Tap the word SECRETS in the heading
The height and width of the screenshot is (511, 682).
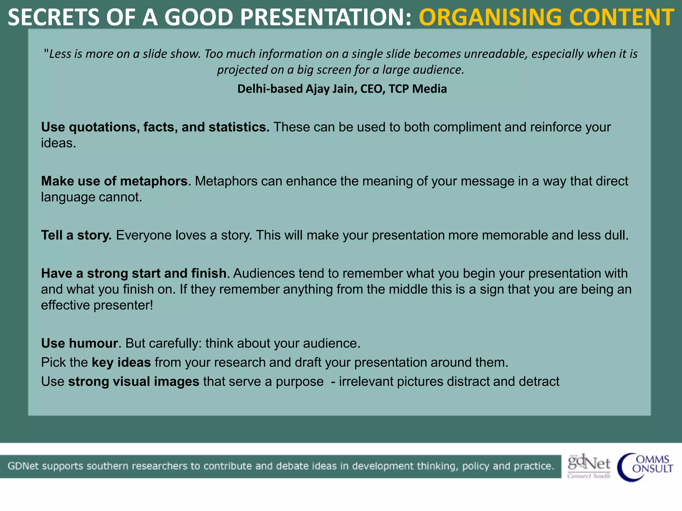click(x=54, y=17)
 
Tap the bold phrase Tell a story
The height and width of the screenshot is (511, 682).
click(x=76, y=235)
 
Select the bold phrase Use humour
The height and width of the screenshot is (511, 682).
click(x=80, y=343)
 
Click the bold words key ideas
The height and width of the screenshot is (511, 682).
click(x=121, y=362)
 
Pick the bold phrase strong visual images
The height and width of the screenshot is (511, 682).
click(x=134, y=382)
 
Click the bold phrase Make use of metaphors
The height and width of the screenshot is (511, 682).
click(x=114, y=181)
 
